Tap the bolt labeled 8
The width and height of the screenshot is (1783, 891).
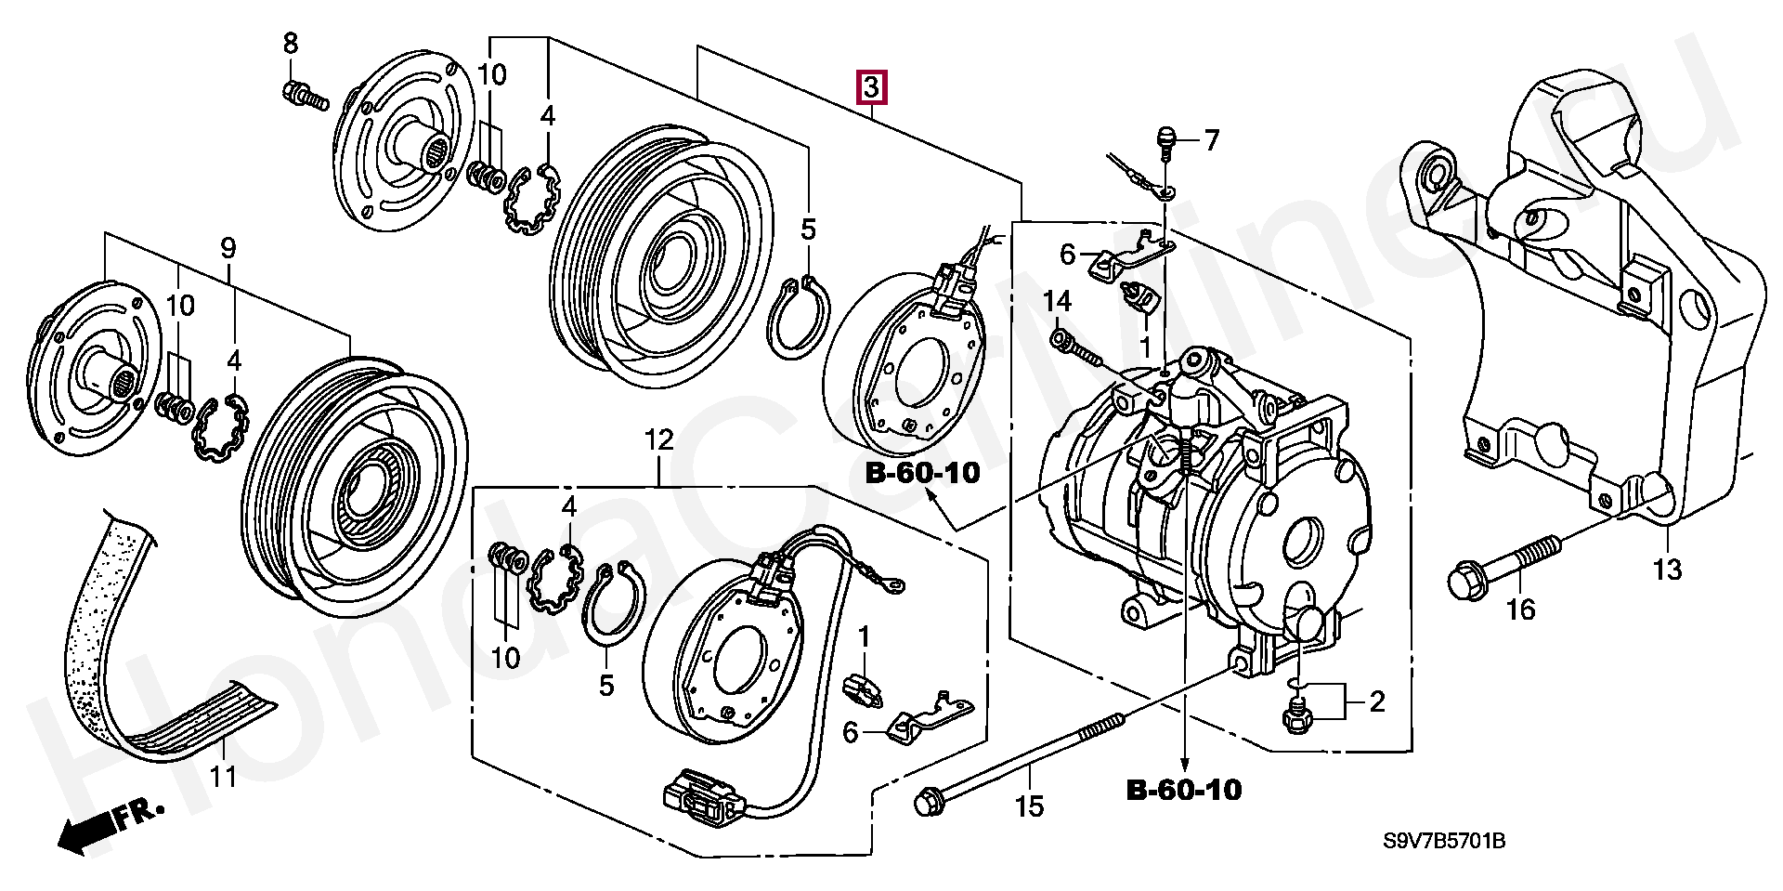pos(303,94)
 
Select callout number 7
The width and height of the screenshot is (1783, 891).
pos(1211,141)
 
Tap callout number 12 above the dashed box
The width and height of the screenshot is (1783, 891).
pos(659,440)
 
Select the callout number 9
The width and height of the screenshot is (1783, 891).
pos(228,248)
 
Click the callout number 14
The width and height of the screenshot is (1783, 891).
pos(1057,301)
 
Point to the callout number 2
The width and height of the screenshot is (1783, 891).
pos(1376,701)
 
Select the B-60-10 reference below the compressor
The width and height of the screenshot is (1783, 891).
pos(1184,790)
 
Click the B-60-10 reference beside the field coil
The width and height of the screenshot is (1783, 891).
pos(923,473)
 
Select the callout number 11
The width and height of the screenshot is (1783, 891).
pos(223,776)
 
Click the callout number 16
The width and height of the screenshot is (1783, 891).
pos(1521,609)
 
